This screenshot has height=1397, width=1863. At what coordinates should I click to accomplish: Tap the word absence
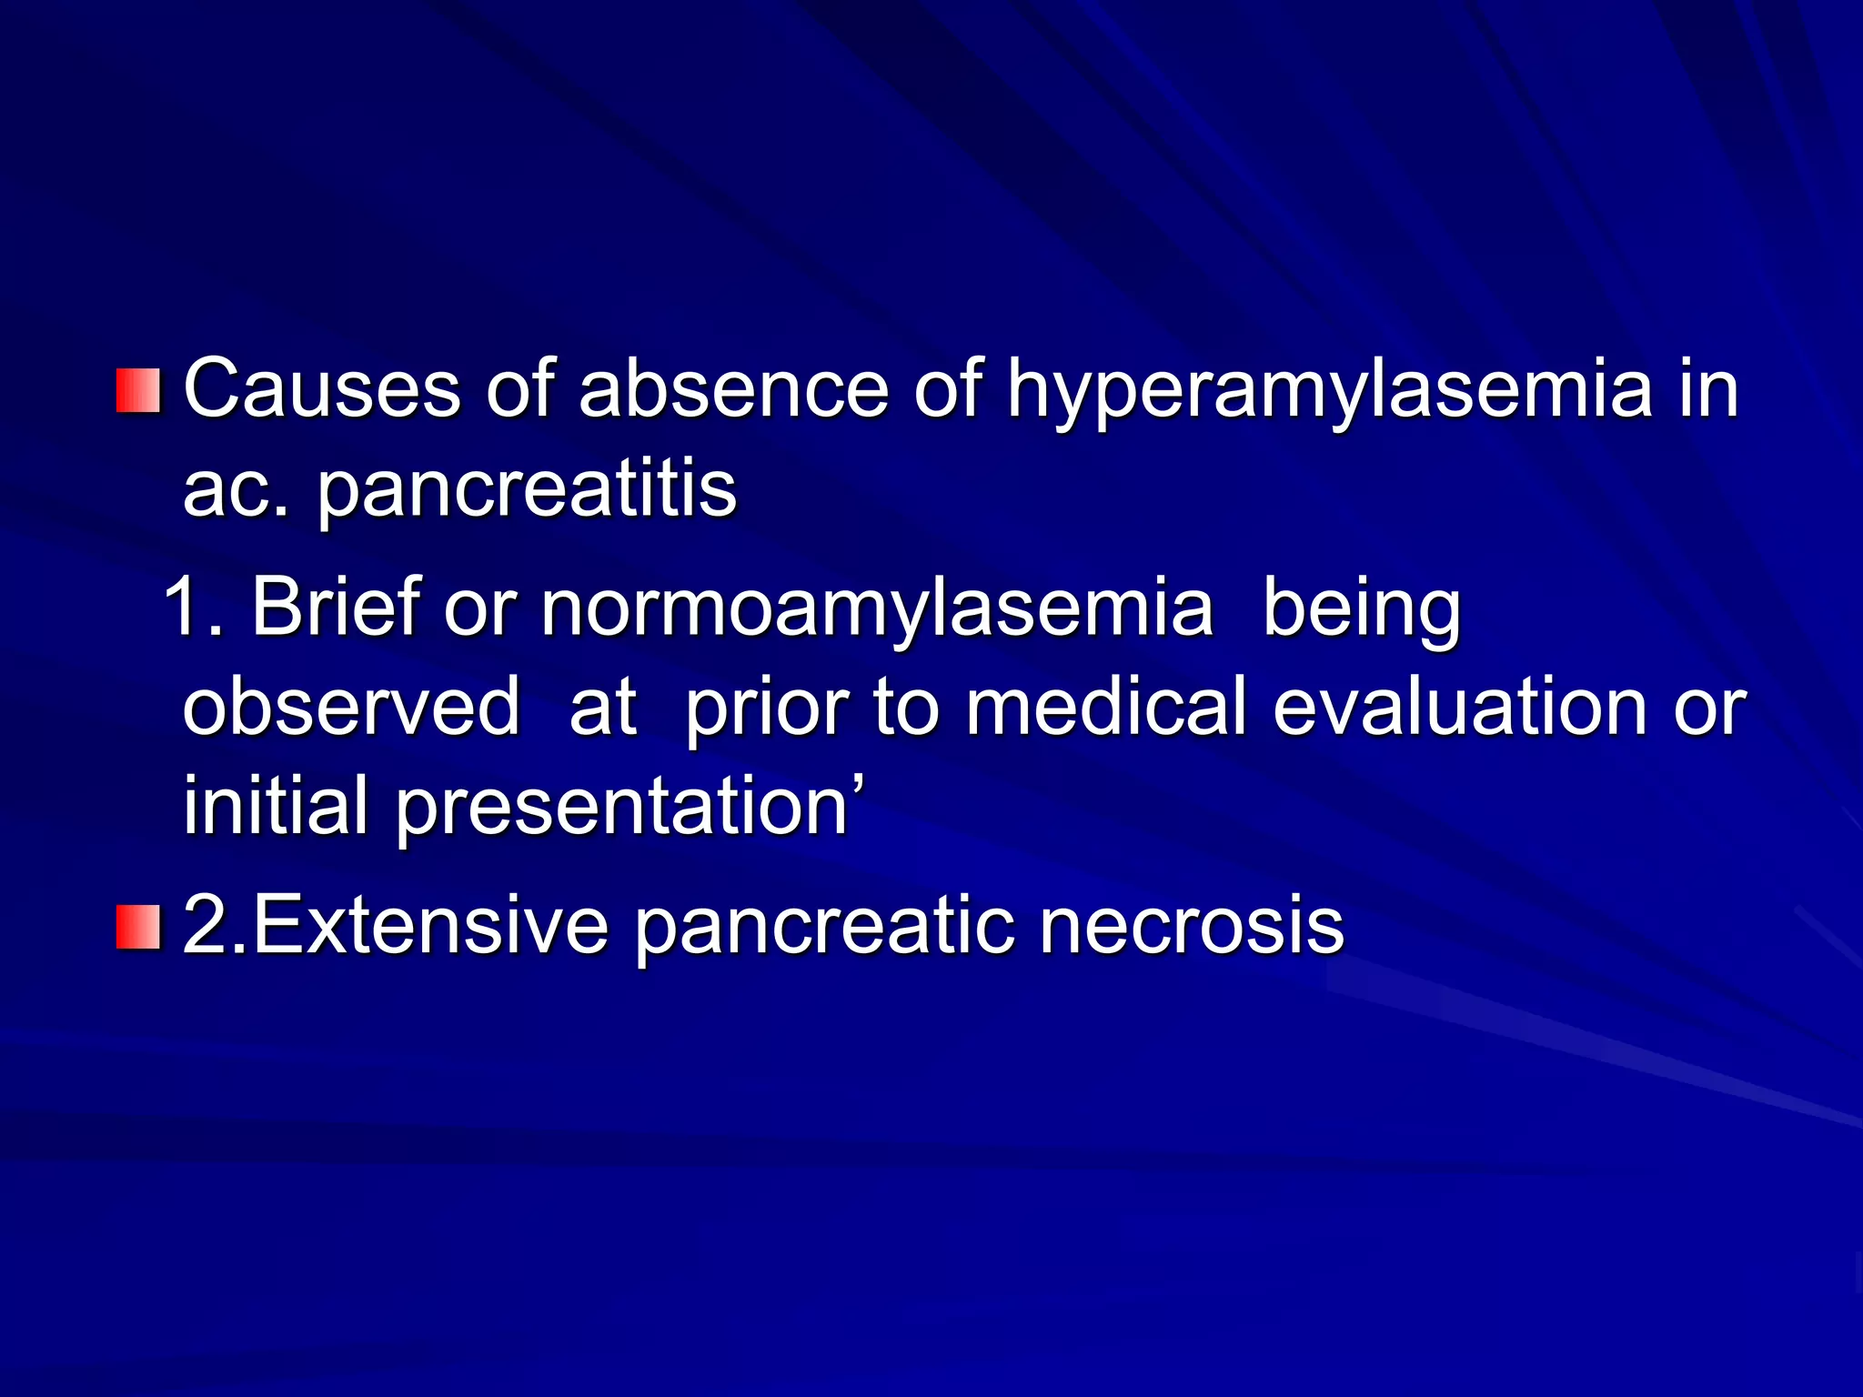[x=733, y=389]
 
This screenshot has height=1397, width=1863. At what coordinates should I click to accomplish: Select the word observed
[x=351, y=707]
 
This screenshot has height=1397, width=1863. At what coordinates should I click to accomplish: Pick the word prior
[x=766, y=710]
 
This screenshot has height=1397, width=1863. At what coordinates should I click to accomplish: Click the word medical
[x=1105, y=707]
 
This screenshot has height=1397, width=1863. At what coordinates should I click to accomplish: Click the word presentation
[x=621, y=809]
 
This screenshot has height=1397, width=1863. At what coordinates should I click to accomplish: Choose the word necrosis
[x=1191, y=926]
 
